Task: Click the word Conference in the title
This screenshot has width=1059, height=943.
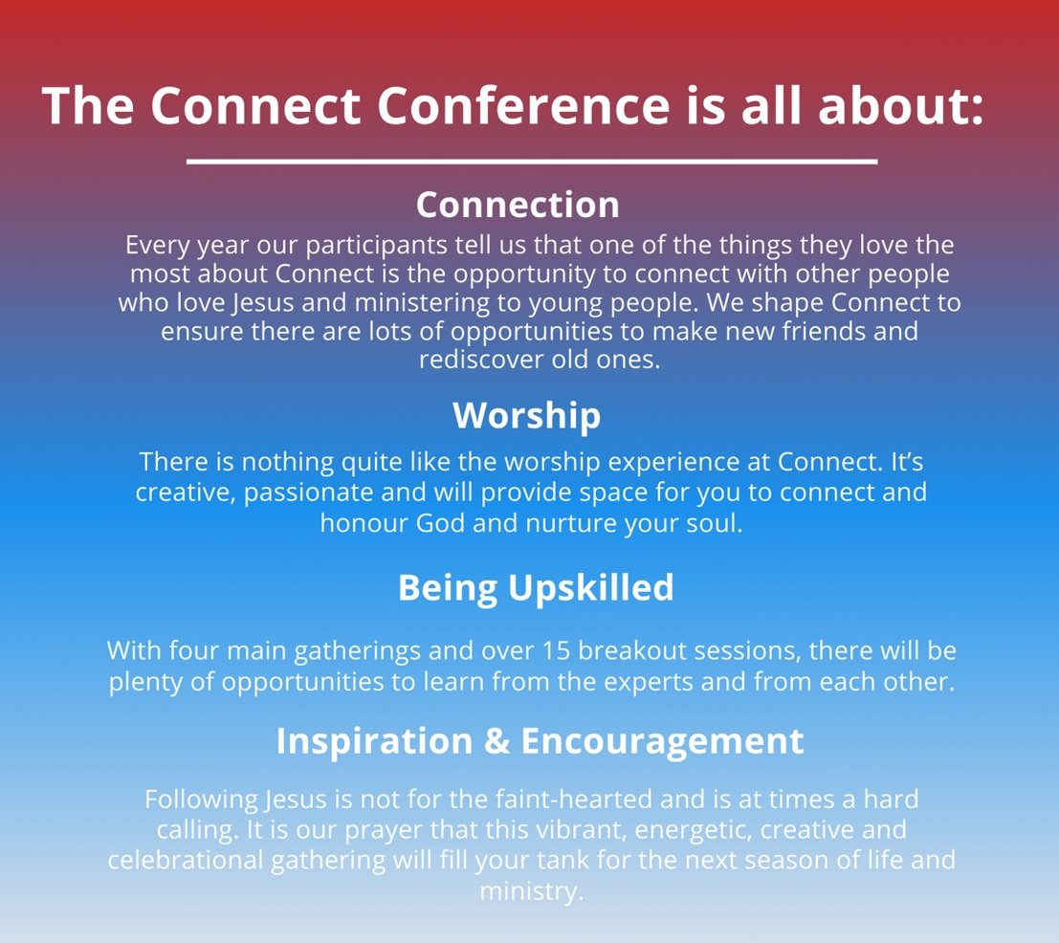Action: (522, 105)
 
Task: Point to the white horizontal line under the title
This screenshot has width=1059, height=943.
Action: (532, 162)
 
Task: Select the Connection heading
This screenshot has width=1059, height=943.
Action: (518, 205)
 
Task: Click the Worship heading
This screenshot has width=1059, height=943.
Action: (527, 415)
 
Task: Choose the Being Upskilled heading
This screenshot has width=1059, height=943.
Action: (536, 587)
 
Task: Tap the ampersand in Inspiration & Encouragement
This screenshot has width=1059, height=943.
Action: (497, 741)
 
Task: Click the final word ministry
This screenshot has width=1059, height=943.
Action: (530, 889)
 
